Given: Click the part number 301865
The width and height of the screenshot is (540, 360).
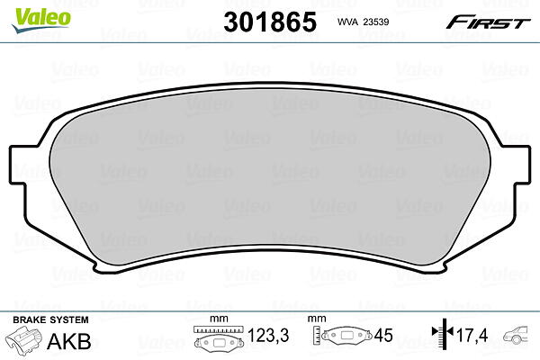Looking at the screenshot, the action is click(x=270, y=22).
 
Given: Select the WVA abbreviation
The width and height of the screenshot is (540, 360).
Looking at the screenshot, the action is click(x=348, y=22).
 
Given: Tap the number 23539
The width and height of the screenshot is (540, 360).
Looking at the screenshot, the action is click(x=376, y=22).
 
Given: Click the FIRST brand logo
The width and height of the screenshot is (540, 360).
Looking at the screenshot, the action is click(x=489, y=22).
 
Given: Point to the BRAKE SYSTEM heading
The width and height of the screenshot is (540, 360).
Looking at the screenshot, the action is click(x=50, y=319).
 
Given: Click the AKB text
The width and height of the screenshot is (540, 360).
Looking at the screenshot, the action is click(x=69, y=341).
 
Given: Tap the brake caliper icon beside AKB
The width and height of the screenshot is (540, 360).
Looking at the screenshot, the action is click(x=23, y=339).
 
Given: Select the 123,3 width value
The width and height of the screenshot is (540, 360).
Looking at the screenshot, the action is click(x=268, y=335).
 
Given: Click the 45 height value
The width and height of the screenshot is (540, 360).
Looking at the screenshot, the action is click(x=383, y=335).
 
